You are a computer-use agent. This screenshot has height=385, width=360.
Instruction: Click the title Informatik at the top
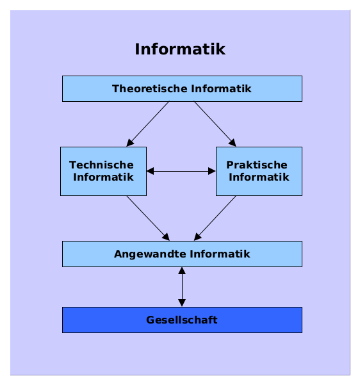pyautogui.click(x=180, y=49)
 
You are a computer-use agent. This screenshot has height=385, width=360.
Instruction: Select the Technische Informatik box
pyautogui.click(x=103, y=171)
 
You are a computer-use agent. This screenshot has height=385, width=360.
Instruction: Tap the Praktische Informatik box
pyautogui.click(x=259, y=171)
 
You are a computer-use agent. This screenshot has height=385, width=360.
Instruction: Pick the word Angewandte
pyautogui.click(x=151, y=254)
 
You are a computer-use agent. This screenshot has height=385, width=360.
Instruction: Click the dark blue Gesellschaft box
pyautogui.click(x=182, y=320)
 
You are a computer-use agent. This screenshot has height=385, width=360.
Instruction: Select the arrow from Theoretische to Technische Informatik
pyautogui.click(x=148, y=124)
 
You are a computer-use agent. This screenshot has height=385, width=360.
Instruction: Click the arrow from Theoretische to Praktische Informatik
pyautogui.click(x=215, y=124)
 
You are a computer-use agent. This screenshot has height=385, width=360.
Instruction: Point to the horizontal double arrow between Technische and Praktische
pyautogui.click(x=181, y=171)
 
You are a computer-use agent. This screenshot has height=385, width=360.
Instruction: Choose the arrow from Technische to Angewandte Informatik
pyautogui.click(x=148, y=218)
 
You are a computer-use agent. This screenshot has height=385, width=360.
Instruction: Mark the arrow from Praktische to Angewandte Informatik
pyautogui.click(x=215, y=218)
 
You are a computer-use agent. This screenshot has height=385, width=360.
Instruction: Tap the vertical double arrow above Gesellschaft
pyautogui.click(x=182, y=287)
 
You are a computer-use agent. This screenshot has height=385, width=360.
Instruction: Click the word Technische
pyautogui.click(x=101, y=165)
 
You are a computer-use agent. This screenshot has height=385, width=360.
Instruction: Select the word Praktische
pyautogui.click(x=257, y=165)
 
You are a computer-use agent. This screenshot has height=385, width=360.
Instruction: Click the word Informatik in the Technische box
pyautogui.click(x=103, y=177)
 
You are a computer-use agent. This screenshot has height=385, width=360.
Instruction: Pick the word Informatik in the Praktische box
pyautogui.click(x=259, y=177)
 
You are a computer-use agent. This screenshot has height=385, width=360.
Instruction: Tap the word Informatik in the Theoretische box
pyautogui.click(x=221, y=88)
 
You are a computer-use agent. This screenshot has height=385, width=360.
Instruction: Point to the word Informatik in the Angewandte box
pyautogui.click(x=220, y=254)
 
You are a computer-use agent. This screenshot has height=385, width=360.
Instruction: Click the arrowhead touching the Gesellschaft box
pyautogui.click(x=182, y=303)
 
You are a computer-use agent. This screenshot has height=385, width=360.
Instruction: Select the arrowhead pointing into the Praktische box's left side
pyautogui.click(x=212, y=171)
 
